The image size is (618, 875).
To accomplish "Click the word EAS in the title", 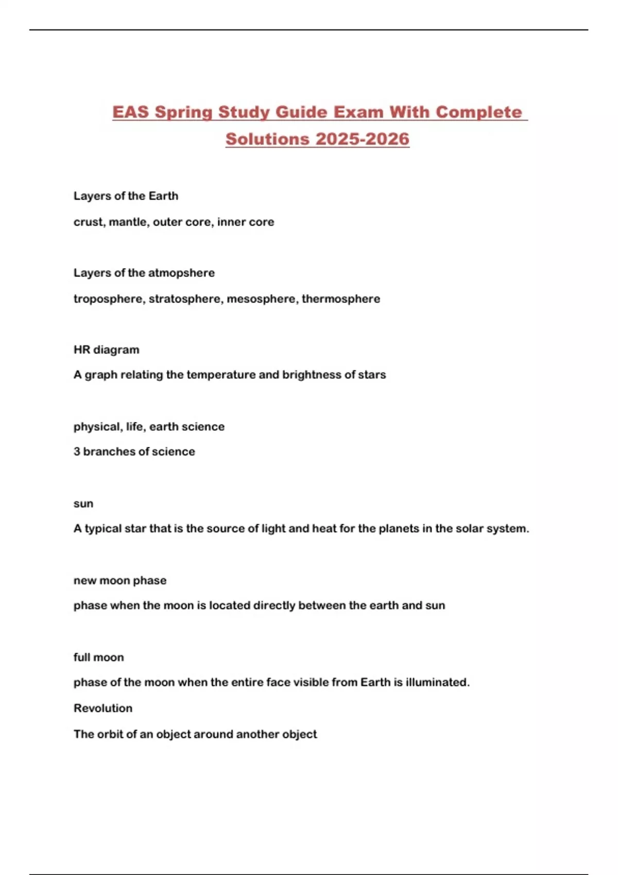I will [131, 112].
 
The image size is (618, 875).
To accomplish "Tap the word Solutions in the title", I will [267, 139].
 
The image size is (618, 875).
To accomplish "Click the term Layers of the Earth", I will [126, 196].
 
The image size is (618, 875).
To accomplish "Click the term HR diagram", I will [106, 349].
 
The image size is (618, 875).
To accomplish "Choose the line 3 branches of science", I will [134, 451].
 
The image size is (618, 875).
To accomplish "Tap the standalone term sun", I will [83, 503].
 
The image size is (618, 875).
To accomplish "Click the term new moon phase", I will [120, 581].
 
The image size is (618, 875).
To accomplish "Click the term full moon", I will [98, 657].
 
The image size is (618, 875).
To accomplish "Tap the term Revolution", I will [103, 708].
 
